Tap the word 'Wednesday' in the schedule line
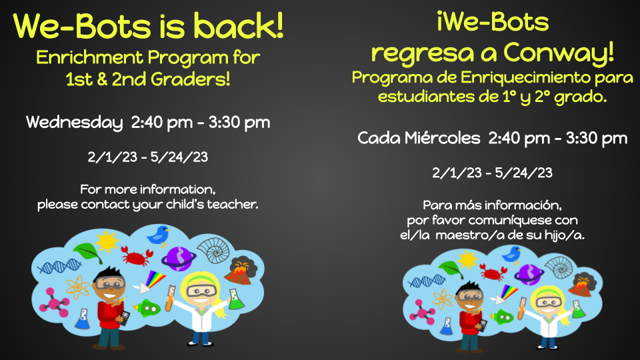click(74, 123)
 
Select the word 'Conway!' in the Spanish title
click(559, 53)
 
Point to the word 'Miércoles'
click(443, 138)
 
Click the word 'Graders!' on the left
click(190, 79)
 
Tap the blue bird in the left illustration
click(159, 235)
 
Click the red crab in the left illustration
click(137, 256)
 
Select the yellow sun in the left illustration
click(107, 241)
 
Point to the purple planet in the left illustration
click(179, 259)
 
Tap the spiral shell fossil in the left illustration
click(214, 250)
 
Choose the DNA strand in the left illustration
click(59, 267)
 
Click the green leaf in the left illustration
click(87, 252)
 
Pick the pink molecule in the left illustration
click(53, 303)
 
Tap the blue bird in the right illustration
click(511, 255)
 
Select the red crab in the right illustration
click(493, 272)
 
